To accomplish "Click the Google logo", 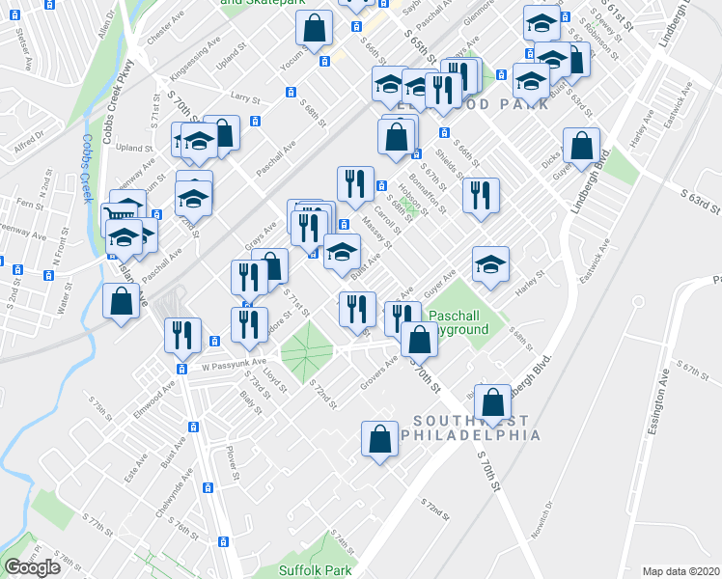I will pyautogui.click(x=32, y=567).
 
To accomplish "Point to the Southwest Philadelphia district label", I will pyautogui.click(x=476, y=427).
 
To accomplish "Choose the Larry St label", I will pyautogui.click(x=246, y=97).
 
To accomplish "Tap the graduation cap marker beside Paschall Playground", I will pyautogui.click(x=490, y=262).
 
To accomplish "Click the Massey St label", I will pyautogui.click(x=375, y=231).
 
